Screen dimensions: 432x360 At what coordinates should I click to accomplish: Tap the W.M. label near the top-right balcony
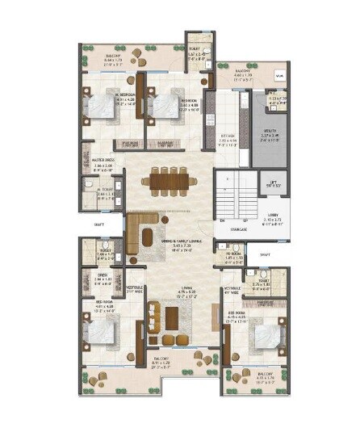(278, 76)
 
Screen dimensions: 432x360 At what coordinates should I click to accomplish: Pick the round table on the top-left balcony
(135, 60)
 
